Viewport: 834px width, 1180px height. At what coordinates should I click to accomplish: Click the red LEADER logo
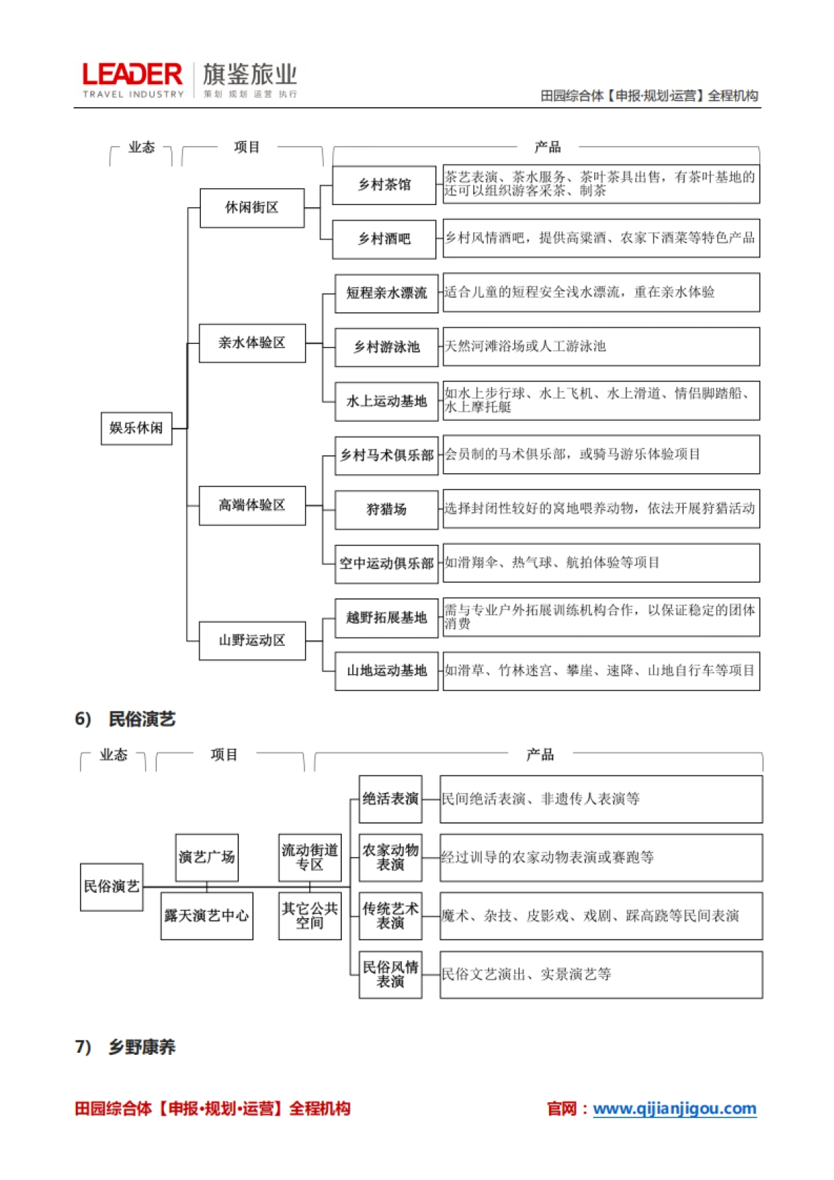pyautogui.click(x=132, y=75)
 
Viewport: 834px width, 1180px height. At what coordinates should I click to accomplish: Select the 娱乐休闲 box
pyautogui.click(x=136, y=428)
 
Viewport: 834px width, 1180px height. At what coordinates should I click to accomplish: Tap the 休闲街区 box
pyautogui.click(x=252, y=208)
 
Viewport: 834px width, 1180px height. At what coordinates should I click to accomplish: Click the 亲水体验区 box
pyautogui.click(x=252, y=343)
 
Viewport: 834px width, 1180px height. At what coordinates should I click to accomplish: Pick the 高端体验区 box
pyautogui.click(x=252, y=505)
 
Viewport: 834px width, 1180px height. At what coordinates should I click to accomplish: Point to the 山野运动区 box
pyautogui.click(x=252, y=641)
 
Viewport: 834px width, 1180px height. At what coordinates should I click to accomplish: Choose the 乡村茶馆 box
pyautogui.click(x=384, y=185)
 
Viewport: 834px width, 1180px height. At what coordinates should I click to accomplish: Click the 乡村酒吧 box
pyautogui.click(x=384, y=239)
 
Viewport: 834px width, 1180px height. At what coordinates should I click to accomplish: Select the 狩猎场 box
pyautogui.click(x=386, y=509)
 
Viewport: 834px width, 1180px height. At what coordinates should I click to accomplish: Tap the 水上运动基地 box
pyautogui.click(x=386, y=401)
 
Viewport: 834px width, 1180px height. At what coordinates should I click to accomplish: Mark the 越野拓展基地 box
pyautogui.click(x=386, y=618)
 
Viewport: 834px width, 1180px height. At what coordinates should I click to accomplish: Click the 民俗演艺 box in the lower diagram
pyautogui.click(x=112, y=887)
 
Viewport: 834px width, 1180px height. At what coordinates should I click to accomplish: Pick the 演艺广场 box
pyautogui.click(x=206, y=858)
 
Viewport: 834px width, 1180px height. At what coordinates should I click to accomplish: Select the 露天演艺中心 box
pyautogui.click(x=206, y=916)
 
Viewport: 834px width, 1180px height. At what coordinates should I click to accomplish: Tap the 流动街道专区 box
pyautogui.click(x=310, y=858)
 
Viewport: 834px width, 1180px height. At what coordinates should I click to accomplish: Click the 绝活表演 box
pyautogui.click(x=391, y=799)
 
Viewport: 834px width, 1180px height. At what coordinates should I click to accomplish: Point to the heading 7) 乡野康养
pyautogui.click(x=125, y=1047)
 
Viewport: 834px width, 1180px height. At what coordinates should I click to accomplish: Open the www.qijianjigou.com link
pyautogui.click(x=674, y=1108)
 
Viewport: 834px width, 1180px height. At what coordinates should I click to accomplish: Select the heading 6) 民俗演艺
pyautogui.click(x=125, y=719)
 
